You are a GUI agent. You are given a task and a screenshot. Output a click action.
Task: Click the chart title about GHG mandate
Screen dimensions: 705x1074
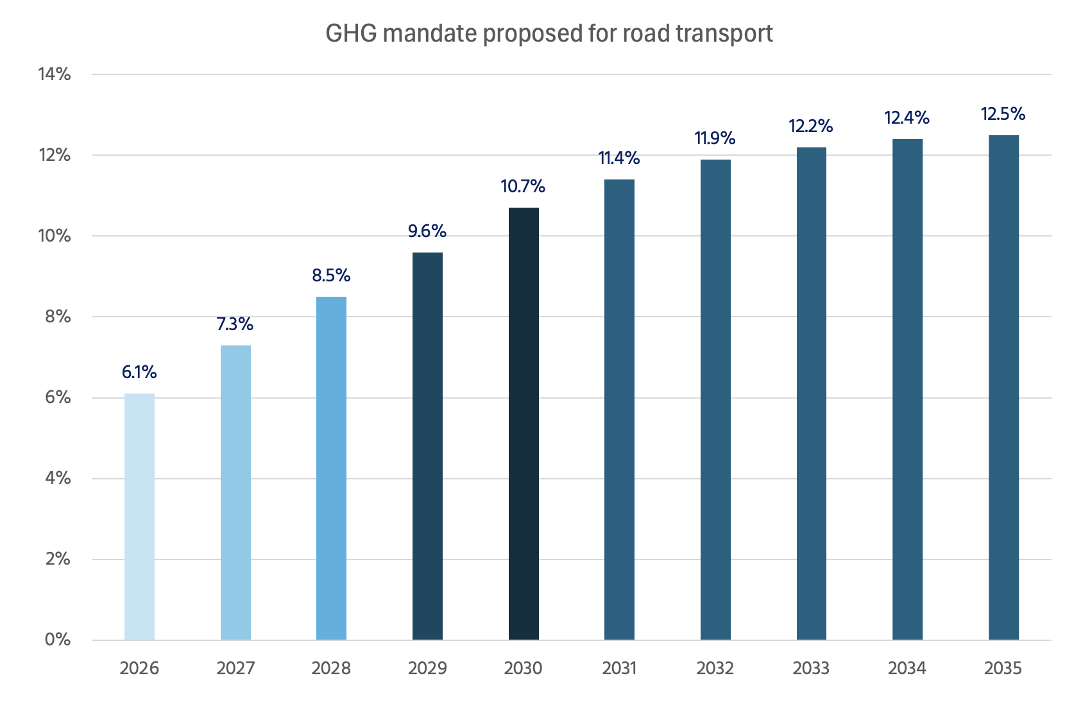[549, 33]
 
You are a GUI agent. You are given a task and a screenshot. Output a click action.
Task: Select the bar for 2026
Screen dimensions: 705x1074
[139, 517]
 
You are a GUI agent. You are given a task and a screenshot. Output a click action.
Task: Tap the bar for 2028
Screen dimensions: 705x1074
[331, 468]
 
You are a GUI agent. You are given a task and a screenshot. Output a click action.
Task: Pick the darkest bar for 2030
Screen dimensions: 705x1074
[524, 423]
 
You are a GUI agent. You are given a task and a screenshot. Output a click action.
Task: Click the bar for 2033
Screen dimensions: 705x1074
[811, 394]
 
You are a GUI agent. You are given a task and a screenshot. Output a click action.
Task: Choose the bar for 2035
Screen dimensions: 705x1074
[1003, 387]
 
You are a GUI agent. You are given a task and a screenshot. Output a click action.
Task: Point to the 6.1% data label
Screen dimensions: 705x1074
[139, 372]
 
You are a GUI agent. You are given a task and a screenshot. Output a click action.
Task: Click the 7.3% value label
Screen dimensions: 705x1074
[235, 324]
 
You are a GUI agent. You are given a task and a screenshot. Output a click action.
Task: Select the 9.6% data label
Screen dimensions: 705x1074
[427, 231]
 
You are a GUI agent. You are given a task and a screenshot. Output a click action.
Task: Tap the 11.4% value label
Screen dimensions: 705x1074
[619, 158]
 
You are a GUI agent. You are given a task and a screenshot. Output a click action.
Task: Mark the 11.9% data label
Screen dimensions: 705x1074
[715, 138]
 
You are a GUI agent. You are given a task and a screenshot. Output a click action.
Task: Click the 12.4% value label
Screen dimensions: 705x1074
[907, 118]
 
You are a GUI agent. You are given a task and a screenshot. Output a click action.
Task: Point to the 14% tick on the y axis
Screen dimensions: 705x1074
[55, 74]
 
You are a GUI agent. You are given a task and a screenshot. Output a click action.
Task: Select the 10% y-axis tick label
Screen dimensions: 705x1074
[55, 236]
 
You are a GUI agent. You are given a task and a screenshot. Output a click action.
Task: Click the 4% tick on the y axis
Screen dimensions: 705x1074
[58, 478]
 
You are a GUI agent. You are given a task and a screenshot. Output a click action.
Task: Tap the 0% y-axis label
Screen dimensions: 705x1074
[58, 640]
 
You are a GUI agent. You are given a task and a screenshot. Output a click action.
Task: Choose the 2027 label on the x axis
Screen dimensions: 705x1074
[235, 668]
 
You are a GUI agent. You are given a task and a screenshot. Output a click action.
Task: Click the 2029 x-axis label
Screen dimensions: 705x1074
[427, 668]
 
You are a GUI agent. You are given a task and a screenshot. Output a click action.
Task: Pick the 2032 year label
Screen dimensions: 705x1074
[715, 668]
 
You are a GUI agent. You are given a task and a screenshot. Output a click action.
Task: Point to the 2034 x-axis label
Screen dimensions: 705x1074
[907, 668]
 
